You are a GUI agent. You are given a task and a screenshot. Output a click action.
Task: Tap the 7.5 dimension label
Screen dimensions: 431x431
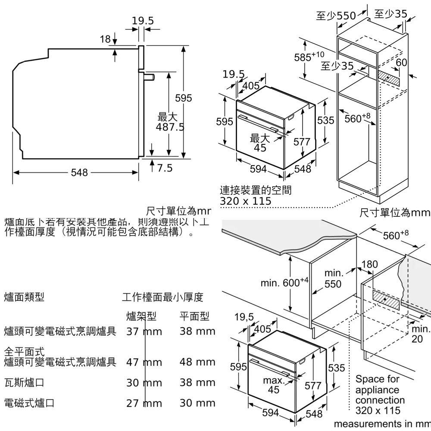click(x=163, y=168)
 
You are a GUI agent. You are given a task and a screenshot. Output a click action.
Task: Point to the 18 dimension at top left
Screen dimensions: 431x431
click(x=105, y=39)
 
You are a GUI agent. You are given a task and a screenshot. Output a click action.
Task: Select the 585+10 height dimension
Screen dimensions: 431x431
click(x=309, y=56)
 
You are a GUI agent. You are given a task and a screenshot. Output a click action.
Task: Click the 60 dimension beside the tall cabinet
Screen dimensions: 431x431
click(x=401, y=62)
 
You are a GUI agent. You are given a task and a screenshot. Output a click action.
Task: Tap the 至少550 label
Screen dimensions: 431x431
click(x=336, y=16)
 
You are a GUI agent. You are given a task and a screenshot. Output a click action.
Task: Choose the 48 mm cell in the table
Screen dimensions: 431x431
click(x=197, y=362)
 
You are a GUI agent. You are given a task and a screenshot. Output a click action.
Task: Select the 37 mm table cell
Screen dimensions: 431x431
click(x=144, y=331)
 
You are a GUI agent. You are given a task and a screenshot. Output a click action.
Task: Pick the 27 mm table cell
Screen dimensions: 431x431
click(x=144, y=403)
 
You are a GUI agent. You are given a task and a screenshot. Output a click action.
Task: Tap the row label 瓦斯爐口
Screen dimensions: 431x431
click(x=24, y=382)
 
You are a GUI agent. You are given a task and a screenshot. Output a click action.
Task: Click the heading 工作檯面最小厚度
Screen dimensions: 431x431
click(x=162, y=297)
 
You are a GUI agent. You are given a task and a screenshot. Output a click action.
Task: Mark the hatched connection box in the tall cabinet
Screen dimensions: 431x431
click(x=389, y=78)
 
